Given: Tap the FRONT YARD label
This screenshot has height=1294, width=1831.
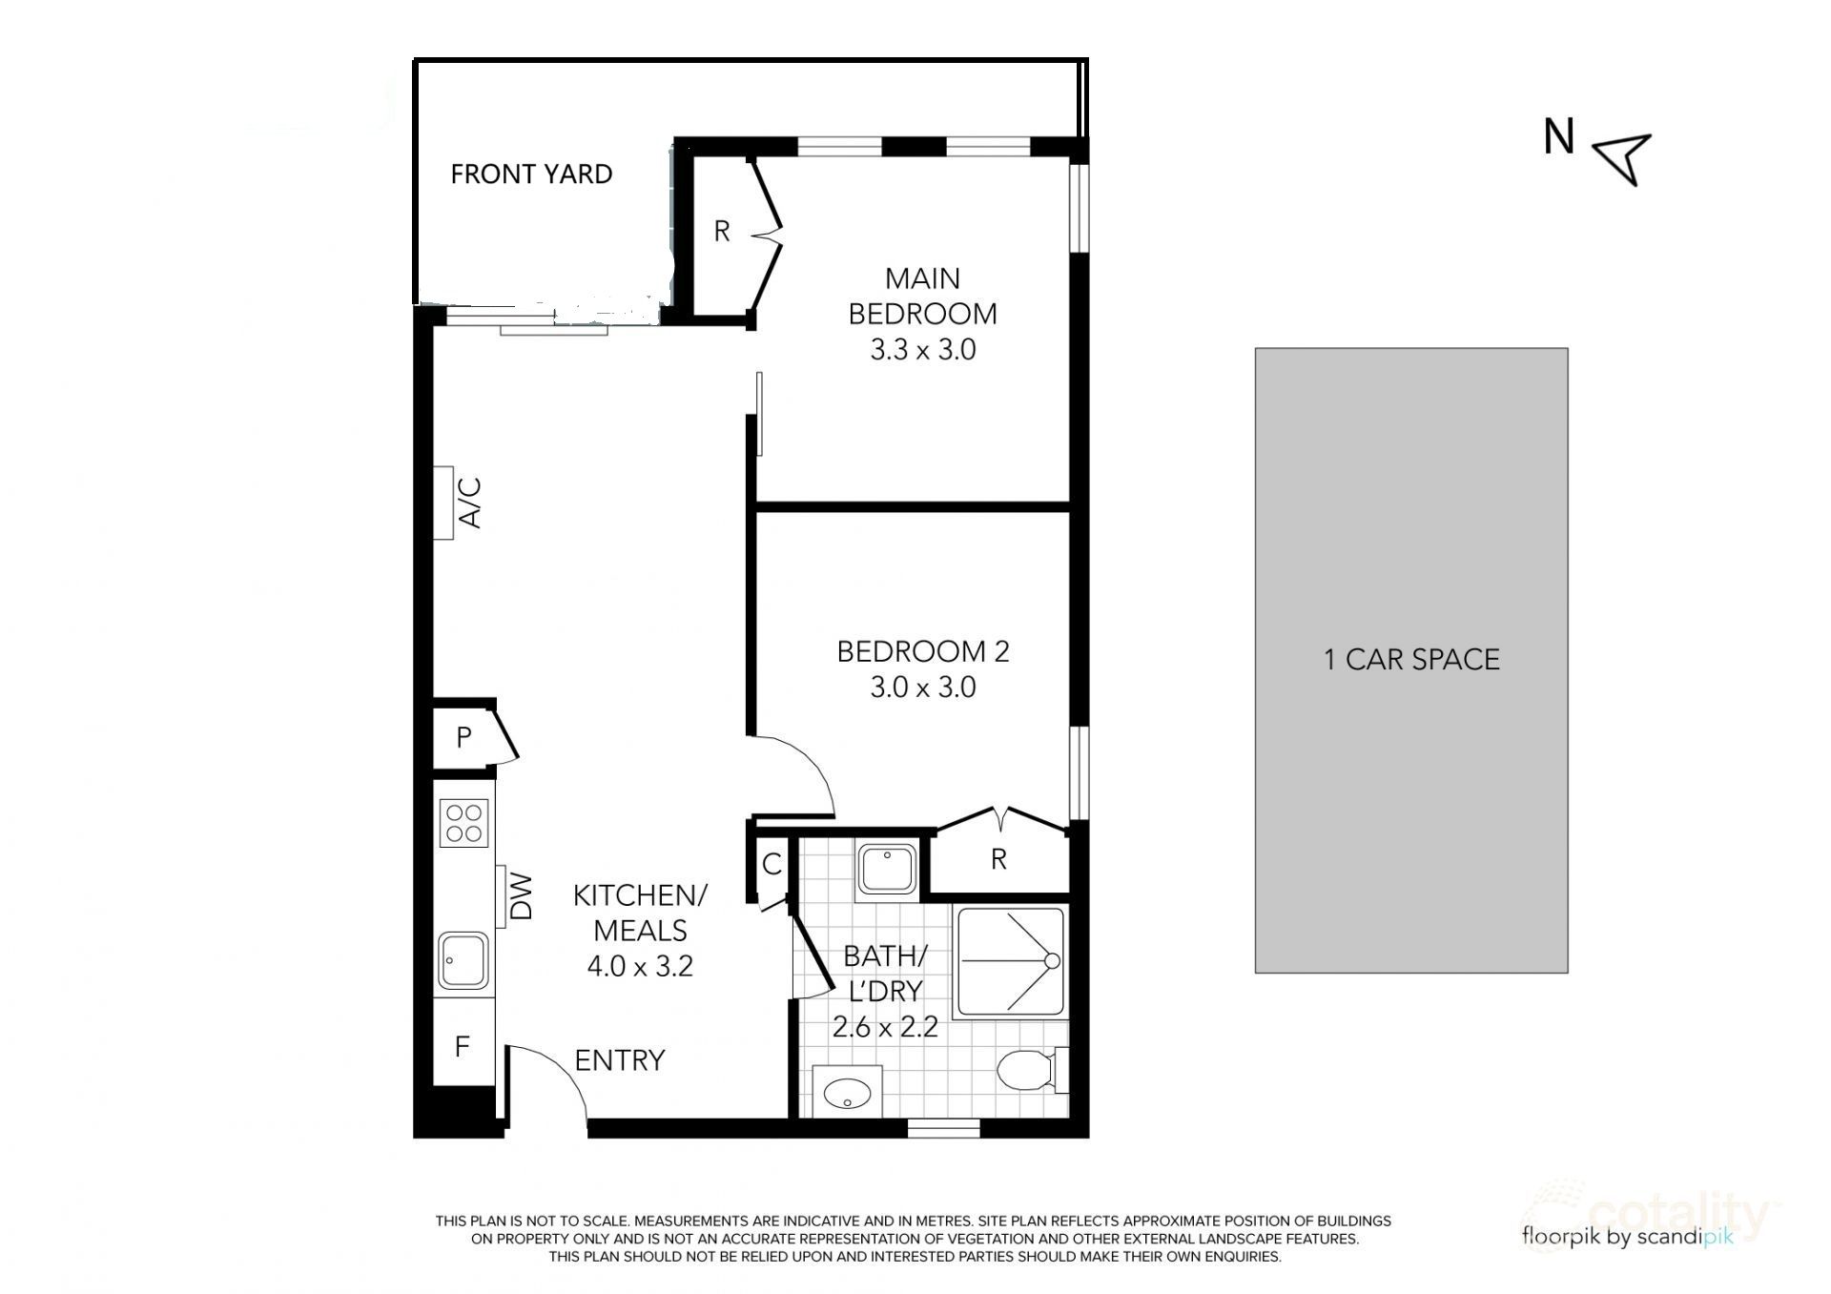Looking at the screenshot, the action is [x=531, y=175].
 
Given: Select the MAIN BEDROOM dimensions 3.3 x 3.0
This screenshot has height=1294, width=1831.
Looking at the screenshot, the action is [x=922, y=350].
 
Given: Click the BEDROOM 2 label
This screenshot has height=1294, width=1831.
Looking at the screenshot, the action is [x=922, y=651].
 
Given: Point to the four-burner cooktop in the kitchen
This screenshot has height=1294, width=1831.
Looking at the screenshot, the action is [x=464, y=823].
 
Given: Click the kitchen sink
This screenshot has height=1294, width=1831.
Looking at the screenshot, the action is [x=463, y=961].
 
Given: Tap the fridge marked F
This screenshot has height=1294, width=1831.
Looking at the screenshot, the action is [x=463, y=1046].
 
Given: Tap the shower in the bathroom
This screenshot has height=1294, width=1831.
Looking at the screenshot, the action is [x=1011, y=961].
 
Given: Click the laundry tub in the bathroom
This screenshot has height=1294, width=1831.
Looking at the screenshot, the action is [x=887, y=868].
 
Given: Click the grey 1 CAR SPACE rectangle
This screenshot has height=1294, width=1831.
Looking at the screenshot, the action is [x=1411, y=660].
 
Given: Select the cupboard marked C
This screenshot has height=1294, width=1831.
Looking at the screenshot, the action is [x=771, y=865].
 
